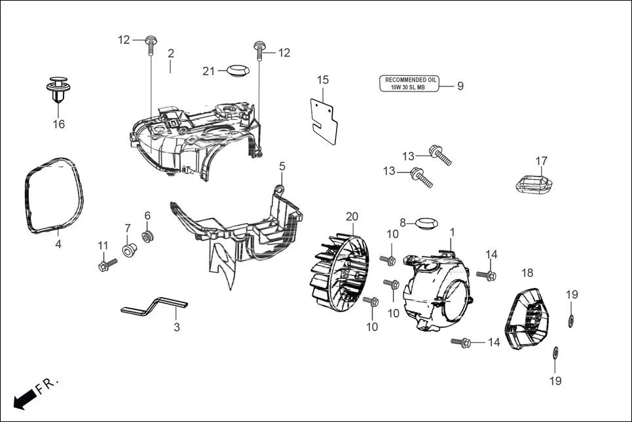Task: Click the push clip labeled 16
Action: pos(59,91)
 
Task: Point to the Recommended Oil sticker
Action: pos(410,84)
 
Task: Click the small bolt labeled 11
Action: pos(106,265)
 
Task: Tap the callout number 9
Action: pos(460,86)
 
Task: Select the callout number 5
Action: pos(282,166)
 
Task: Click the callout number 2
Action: pos(170,53)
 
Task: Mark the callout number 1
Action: pos(452,232)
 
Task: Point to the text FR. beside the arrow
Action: pos(48,385)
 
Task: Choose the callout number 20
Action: pos(352,217)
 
